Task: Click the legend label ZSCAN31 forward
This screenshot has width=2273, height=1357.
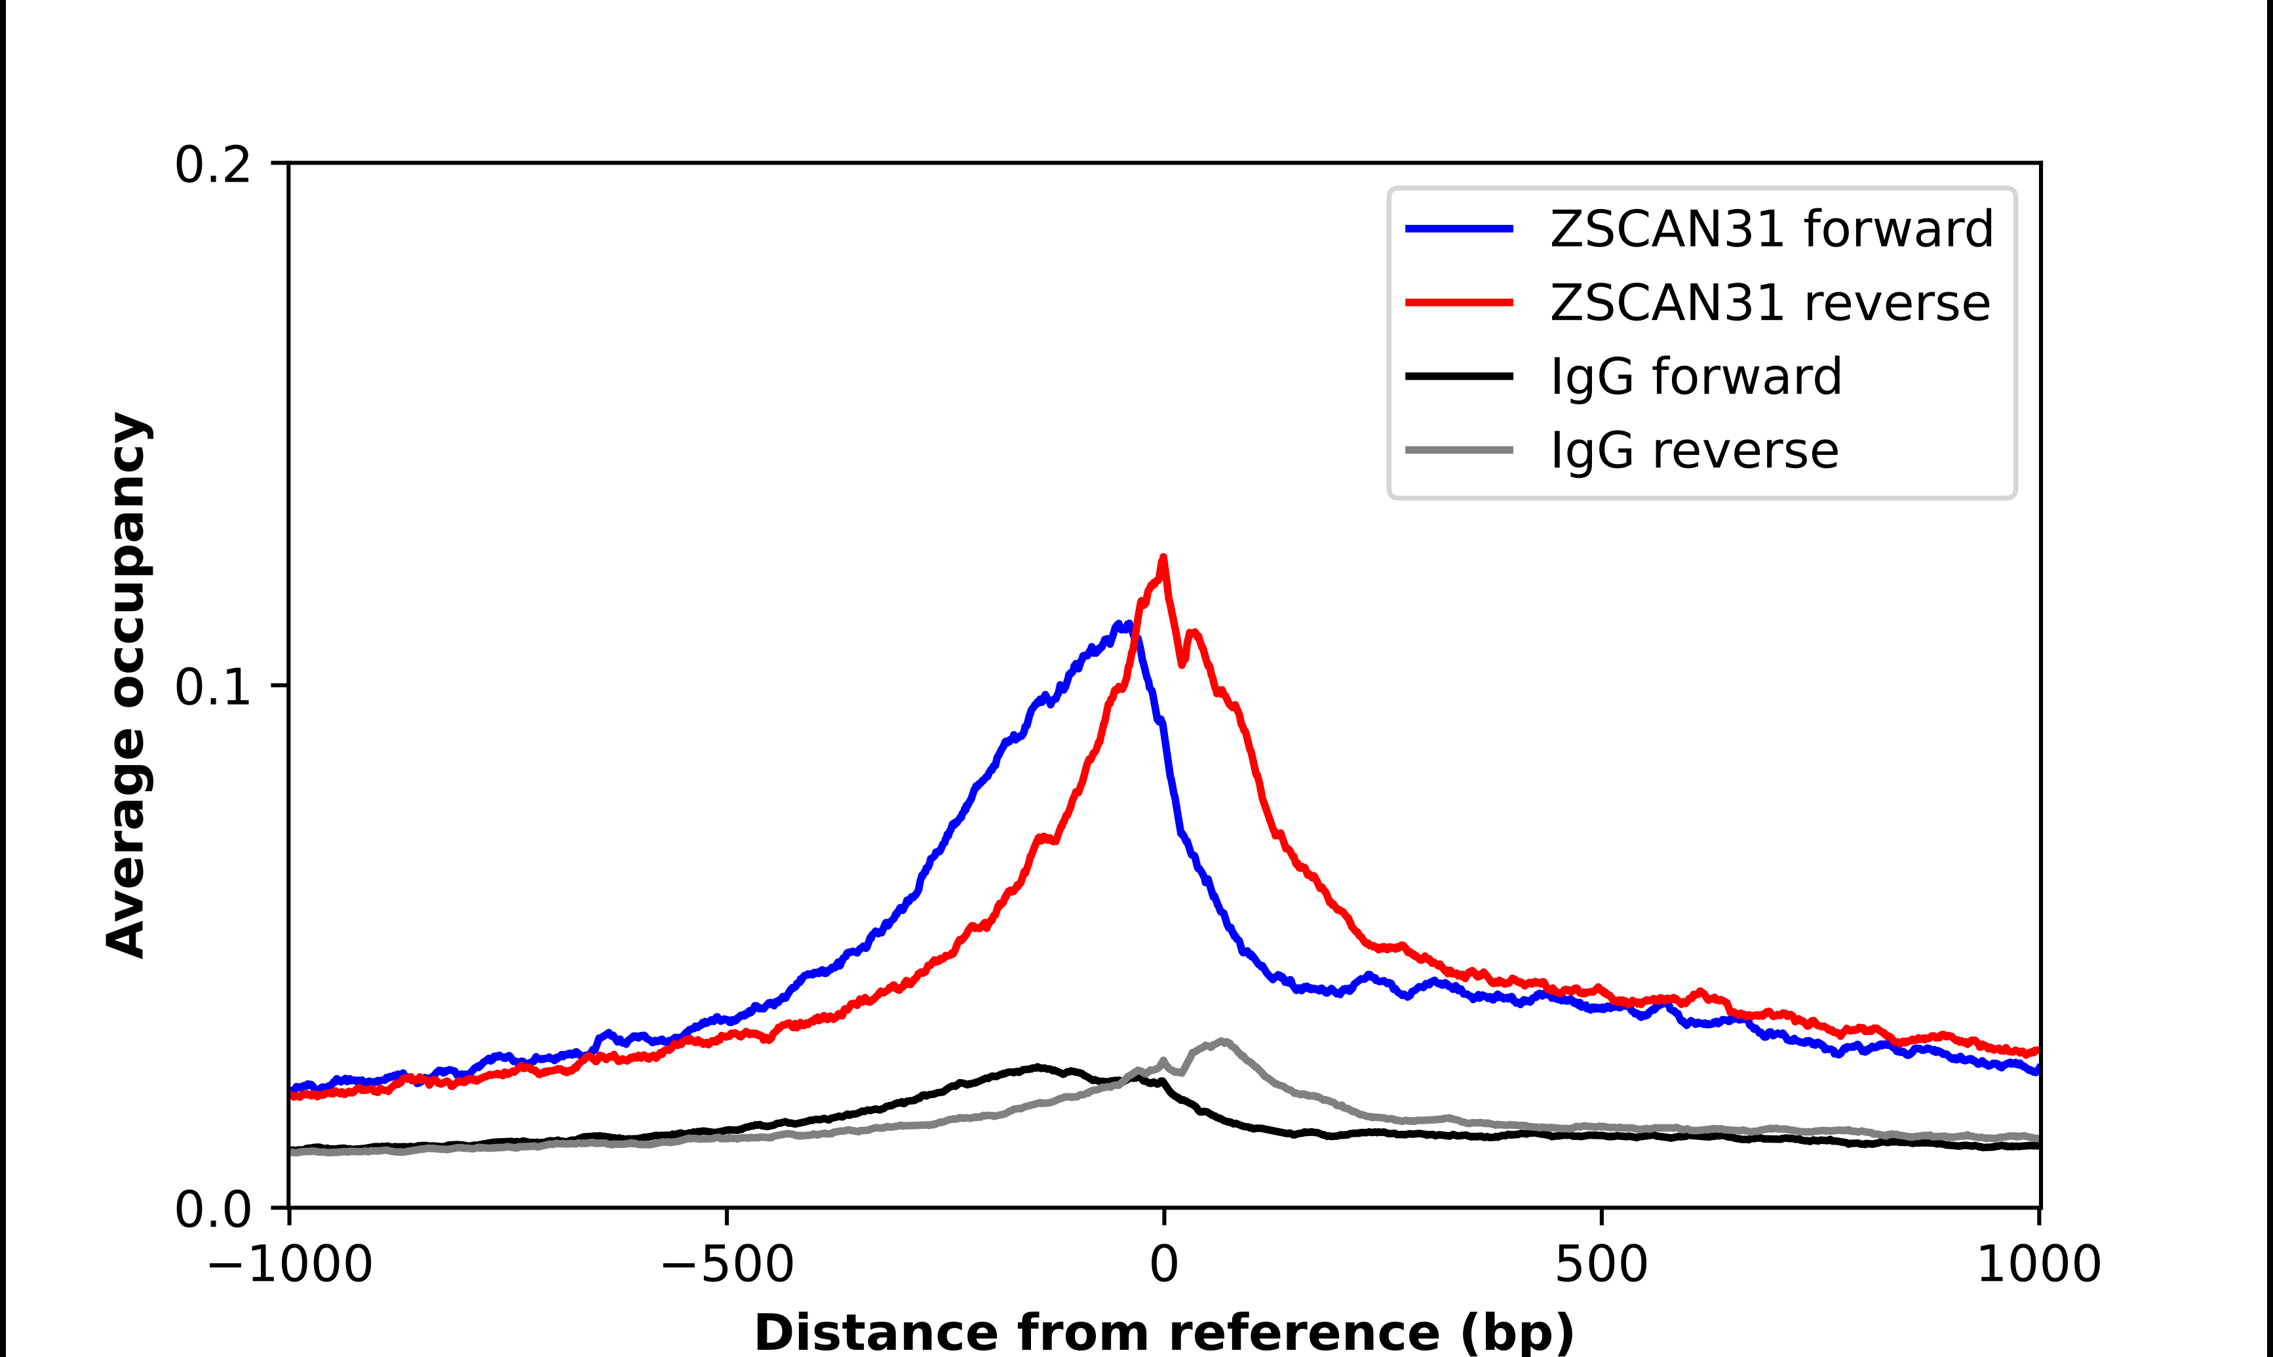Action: click(x=1771, y=229)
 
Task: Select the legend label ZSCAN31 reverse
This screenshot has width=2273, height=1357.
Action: click(x=1770, y=303)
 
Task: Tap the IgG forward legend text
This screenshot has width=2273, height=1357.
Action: click(x=1696, y=377)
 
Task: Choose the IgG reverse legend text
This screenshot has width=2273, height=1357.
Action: click(x=1694, y=451)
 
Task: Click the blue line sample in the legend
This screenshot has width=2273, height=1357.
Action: click(x=1460, y=229)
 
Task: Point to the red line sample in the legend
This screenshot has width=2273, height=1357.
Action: click(x=1460, y=303)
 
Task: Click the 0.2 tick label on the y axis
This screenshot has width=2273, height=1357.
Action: click(x=212, y=165)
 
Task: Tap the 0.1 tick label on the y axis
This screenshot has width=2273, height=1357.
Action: click(x=212, y=687)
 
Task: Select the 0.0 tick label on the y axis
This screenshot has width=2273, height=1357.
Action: click(x=212, y=1209)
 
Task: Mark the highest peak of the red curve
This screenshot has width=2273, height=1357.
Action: click(x=1163, y=557)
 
